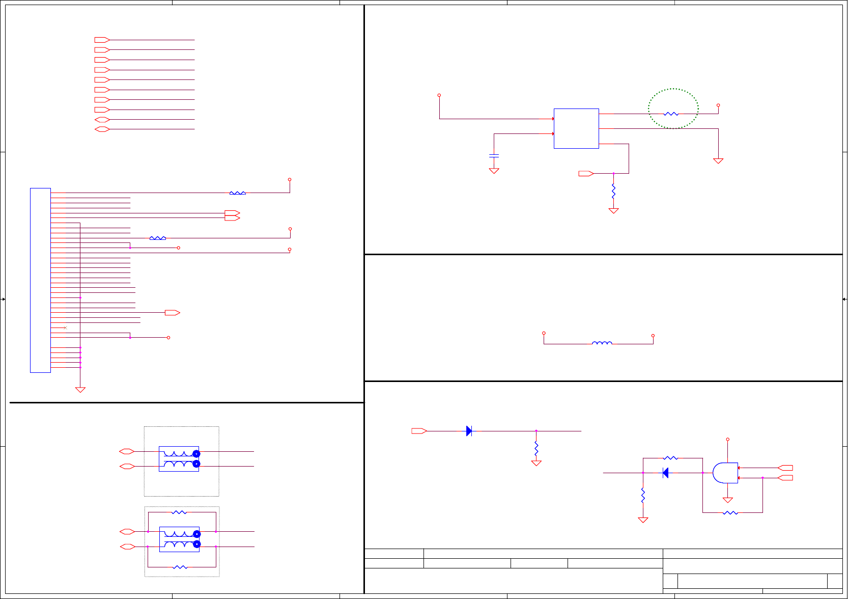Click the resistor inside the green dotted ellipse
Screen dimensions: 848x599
coord(671,114)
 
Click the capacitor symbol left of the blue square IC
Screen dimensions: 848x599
coord(494,155)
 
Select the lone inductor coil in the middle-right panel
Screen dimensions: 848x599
coord(602,343)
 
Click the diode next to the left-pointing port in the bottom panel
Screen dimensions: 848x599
coord(469,431)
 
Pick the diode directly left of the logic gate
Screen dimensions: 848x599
coord(665,473)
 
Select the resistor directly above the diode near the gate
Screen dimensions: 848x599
coord(670,458)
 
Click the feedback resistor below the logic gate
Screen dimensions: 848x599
coord(730,512)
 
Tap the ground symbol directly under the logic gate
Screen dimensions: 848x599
coord(728,500)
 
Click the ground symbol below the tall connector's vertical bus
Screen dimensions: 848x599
coord(80,390)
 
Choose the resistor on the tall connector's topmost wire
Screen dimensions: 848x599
coord(237,193)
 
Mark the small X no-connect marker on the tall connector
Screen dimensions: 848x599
coord(65,328)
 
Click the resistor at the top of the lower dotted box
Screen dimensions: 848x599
coord(179,512)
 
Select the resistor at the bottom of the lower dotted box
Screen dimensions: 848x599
coord(180,567)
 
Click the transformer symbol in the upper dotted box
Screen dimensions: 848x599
coord(179,458)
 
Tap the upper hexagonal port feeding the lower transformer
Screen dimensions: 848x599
coord(127,531)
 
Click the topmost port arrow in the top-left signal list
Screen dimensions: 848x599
coord(102,40)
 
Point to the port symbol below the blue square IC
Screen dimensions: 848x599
coord(586,174)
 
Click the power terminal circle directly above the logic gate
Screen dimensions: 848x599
coord(728,439)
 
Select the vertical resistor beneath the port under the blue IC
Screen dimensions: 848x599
coord(613,192)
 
